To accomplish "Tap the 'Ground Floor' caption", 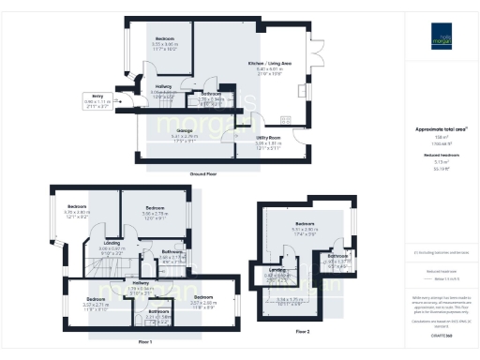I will pos(204,174).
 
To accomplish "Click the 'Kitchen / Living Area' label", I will pos(269,62).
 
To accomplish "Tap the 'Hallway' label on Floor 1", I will pos(141,283).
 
